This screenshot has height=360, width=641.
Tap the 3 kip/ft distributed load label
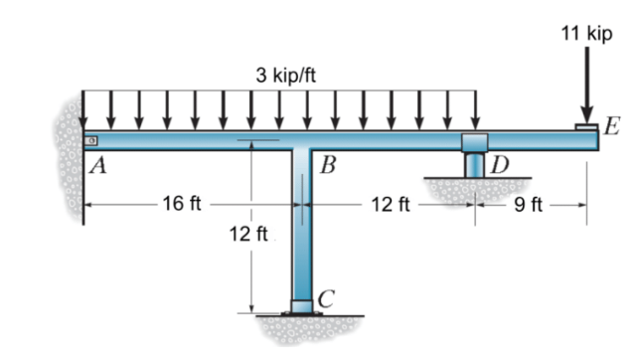point(284,75)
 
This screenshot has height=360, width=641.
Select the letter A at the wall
point(96,166)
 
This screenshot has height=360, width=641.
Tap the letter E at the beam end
point(610,126)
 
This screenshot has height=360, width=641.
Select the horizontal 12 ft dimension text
point(390,206)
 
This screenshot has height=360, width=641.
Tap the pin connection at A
point(89,140)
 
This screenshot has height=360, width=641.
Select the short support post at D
point(475,164)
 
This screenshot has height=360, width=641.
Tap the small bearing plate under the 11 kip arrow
point(586,126)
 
